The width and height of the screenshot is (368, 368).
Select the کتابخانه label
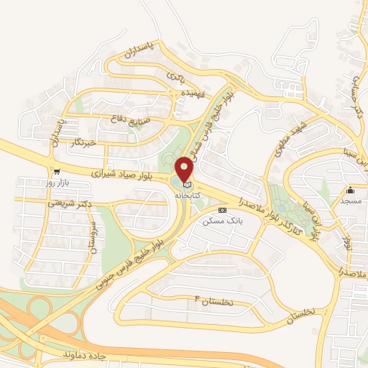pos(185,195)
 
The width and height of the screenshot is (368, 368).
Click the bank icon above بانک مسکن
pos(222,210)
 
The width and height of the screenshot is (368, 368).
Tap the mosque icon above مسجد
pos(351,190)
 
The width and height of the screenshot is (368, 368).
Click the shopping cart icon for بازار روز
pos(55,172)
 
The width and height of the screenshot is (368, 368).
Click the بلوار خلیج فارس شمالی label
pos(219,115)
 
